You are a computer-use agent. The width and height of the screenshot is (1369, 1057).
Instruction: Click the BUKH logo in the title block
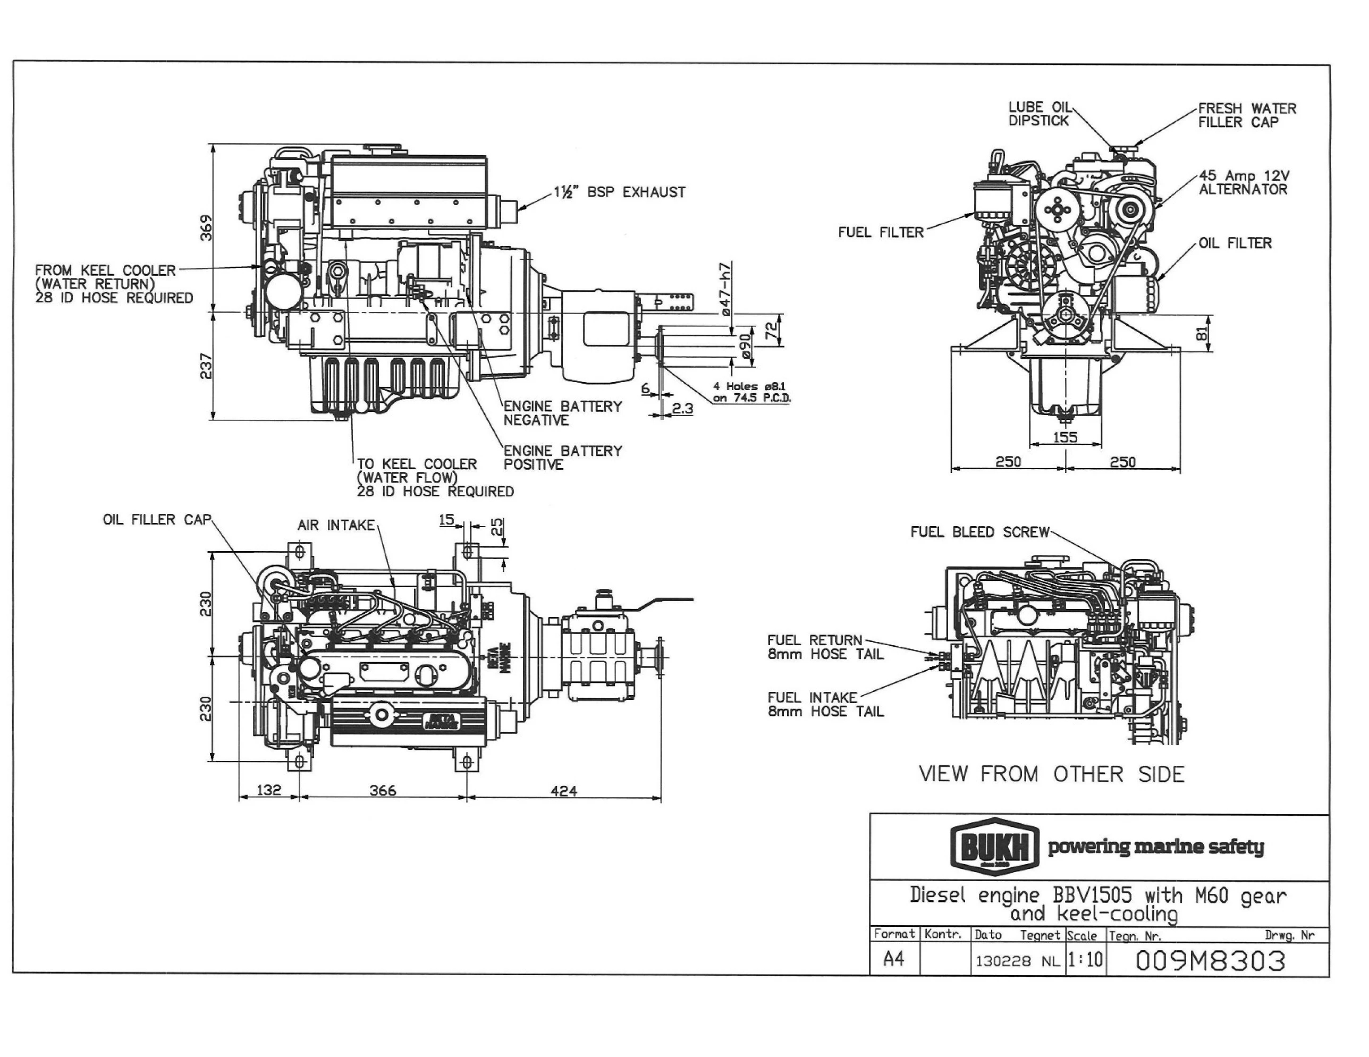click(x=994, y=848)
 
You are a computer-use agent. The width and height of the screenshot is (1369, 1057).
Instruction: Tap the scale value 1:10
click(x=1085, y=960)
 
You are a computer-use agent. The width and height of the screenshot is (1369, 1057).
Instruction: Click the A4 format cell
click(x=893, y=960)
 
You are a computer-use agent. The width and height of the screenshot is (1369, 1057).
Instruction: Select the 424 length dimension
click(x=563, y=791)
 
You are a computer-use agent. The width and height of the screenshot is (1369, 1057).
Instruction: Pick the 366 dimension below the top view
click(x=382, y=791)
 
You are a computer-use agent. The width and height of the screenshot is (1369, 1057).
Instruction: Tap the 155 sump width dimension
click(x=1065, y=437)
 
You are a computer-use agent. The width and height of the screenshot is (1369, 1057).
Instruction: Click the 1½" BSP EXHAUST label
click(x=619, y=192)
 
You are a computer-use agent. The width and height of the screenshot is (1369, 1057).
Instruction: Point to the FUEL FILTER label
click(x=881, y=233)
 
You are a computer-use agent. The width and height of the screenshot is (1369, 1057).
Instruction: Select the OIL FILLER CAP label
click(x=157, y=520)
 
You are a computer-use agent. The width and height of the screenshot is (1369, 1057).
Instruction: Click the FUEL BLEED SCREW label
click(x=979, y=532)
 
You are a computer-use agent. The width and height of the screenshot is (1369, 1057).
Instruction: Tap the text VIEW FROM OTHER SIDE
click(x=1051, y=774)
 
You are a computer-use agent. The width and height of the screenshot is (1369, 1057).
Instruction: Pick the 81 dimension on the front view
click(x=1202, y=334)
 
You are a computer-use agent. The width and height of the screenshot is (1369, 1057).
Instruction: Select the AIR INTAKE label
click(x=336, y=526)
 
